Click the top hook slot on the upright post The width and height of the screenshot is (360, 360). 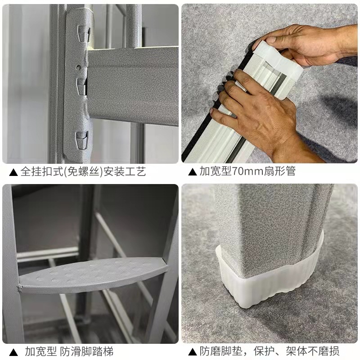84,34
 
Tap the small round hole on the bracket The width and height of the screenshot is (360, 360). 79,67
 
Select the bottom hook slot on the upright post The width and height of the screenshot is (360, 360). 82,140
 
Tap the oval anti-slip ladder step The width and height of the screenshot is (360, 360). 94,275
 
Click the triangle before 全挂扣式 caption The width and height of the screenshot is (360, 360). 13,172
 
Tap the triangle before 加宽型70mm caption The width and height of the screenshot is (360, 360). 193,172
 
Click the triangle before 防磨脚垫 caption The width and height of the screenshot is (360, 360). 193,352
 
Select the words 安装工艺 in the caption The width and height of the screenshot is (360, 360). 125,171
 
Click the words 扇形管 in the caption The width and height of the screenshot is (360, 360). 279,171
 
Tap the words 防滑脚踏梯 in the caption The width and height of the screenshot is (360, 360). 87,352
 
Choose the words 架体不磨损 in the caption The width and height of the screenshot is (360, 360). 313,351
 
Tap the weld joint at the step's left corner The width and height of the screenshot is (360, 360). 19,288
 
